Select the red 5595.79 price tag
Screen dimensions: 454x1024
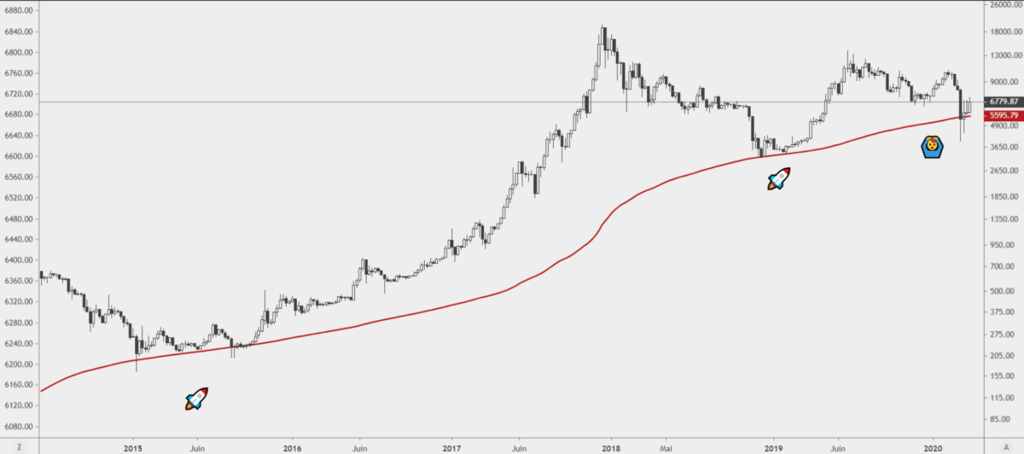pyautogui.click(x=1001, y=114)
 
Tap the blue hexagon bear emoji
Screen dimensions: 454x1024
pyautogui.click(x=933, y=147)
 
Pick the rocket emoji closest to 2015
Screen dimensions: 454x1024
pyautogui.click(x=197, y=398)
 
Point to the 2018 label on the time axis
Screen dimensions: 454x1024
pyautogui.click(x=611, y=447)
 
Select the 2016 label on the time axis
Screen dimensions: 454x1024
pyautogui.click(x=292, y=447)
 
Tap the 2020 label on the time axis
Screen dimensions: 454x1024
pyautogui.click(x=933, y=447)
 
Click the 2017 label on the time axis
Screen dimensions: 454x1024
pyautogui.click(x=452, y=447)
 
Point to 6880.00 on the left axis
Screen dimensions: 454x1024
pyautogui.click(x=19, y=11)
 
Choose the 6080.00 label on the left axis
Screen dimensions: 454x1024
pyautogui.click(x=19, y=427)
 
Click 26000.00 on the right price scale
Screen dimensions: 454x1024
pyautogui.click(x=1003, y=5)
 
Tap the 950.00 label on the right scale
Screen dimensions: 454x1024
pyautogui.click(x=1001, y=245)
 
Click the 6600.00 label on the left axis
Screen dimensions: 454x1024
pyautogui.click(x=19, y=157)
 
